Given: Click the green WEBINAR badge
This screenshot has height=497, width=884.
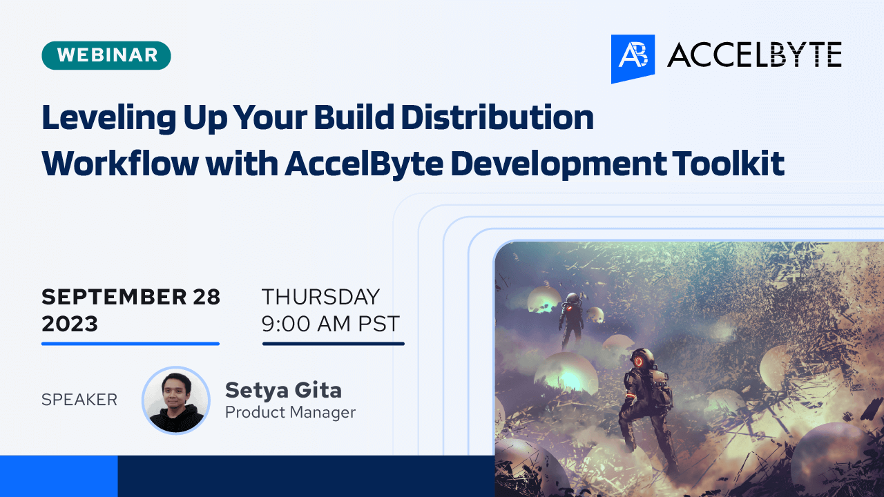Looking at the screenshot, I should point(106,55).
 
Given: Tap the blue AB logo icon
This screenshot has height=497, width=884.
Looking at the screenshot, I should point(633,58).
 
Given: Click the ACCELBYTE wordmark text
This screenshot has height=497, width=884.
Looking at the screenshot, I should point(754,55).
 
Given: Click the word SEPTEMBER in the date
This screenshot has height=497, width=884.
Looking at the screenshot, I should point(105,297).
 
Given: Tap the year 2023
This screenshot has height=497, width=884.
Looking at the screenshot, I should point(70,324).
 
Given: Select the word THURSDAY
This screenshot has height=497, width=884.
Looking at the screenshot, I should point(320,297).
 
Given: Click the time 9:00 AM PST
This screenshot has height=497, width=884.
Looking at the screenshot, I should point(330,324).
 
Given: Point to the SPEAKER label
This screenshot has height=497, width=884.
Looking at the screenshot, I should point(79,400).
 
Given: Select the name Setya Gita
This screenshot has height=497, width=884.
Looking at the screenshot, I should point(283,390).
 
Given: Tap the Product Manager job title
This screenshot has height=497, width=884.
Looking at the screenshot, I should point(290,413).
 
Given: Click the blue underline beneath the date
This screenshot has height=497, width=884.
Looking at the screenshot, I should point(131,343).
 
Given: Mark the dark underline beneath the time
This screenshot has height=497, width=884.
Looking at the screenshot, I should point(334,343).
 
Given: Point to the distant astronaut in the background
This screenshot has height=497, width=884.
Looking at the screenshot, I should point(572,319).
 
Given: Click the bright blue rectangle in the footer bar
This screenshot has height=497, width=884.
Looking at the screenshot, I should point(59,476).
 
